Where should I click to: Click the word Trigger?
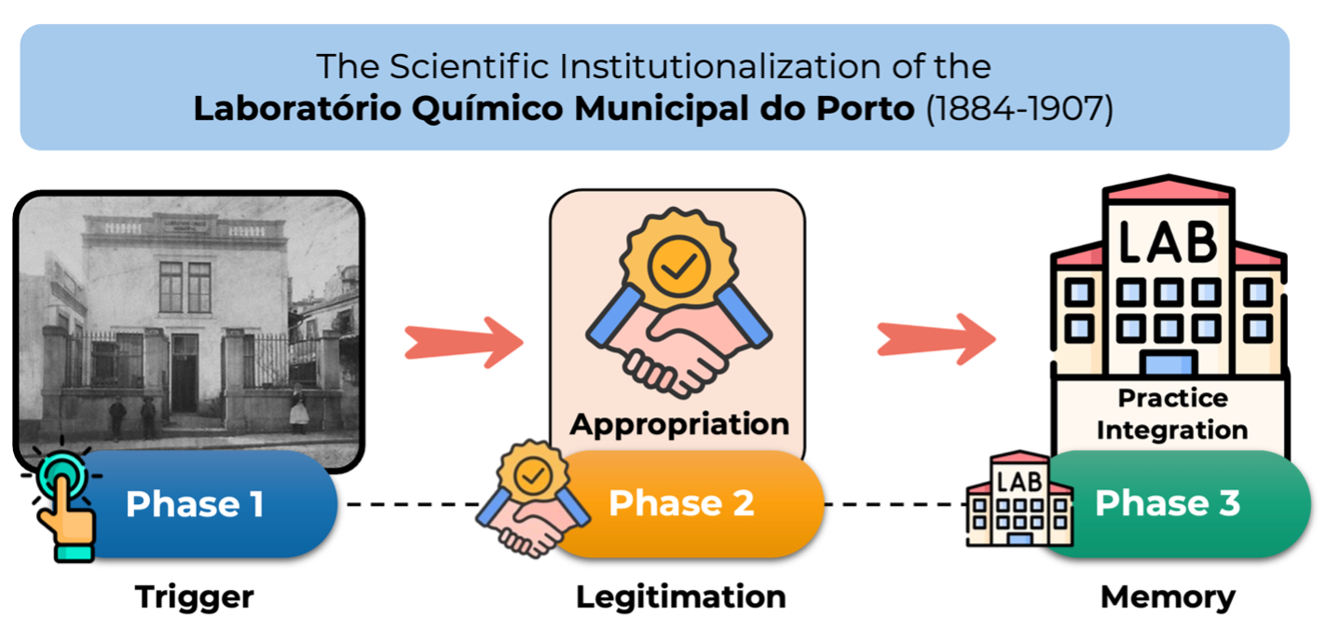click(194, 596)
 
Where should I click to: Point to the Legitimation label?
click(680, 596)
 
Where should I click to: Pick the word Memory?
click(1168, 596)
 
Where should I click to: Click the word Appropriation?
click(679, 425)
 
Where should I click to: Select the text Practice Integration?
click(1172, 414)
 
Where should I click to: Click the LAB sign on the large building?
click(1168, 239)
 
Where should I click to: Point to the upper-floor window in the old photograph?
click(185, 286)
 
